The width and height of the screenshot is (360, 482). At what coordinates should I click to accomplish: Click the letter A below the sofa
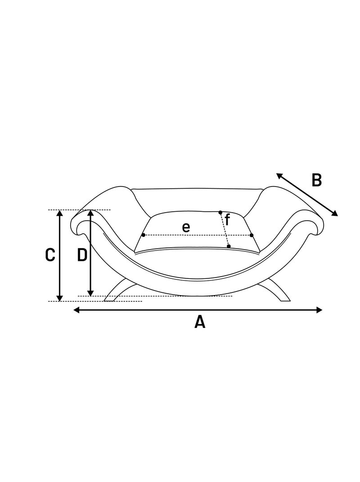tap(200, 322)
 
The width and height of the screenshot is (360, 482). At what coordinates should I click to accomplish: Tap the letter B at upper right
tap(317, 180)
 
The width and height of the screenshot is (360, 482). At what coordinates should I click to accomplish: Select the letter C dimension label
tap(50, 255)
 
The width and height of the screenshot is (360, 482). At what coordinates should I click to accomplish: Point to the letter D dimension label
tap(82, 255)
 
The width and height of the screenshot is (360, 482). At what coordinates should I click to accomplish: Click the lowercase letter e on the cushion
tap(186, 227)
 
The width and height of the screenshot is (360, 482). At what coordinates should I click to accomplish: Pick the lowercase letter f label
tap(227, 220)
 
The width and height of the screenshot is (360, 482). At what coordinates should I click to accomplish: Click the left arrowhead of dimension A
tap(76, 310)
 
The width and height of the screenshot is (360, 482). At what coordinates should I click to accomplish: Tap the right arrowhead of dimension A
tap(319, 310)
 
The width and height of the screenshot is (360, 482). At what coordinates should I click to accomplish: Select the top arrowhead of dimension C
tap(60, 213)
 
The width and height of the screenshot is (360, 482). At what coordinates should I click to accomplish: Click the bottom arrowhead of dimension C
tap(60, 298)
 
